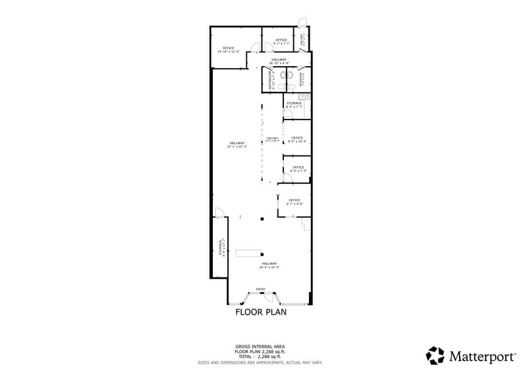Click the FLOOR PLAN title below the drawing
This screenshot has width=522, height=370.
point(261,311)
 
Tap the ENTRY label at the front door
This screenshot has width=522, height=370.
point(261,289)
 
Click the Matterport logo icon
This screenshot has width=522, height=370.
point(435,356)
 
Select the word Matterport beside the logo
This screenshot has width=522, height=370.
point(481,356)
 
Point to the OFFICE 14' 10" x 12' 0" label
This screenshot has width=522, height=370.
point(229,50)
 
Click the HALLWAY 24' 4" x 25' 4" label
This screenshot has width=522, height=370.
point(269,265)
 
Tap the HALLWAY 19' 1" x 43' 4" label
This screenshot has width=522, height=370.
point(237,145)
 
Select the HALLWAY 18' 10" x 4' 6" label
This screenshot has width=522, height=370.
point(279,61)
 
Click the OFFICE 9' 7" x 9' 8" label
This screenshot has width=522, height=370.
point(295,202)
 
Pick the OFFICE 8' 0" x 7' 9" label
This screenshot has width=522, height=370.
point(298,169)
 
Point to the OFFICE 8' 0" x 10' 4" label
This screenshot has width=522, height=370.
point(296,139)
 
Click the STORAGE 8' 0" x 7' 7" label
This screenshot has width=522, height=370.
point(294,104)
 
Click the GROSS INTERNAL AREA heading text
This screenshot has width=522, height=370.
point(260,346)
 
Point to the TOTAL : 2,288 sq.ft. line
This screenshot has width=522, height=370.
point(260,357)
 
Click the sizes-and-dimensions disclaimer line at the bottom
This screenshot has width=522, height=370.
point(260,362)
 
